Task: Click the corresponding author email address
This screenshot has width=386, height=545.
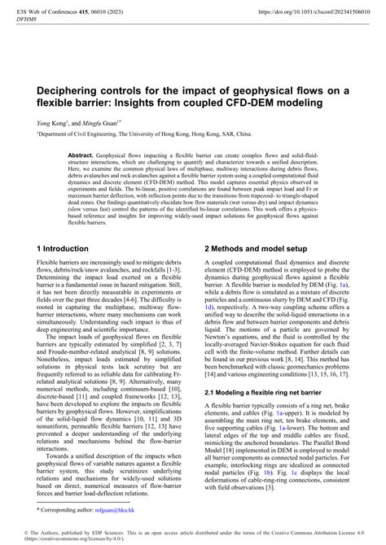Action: (x=107, y=512)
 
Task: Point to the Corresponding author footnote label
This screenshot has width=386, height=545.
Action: (x=63, y=512)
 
